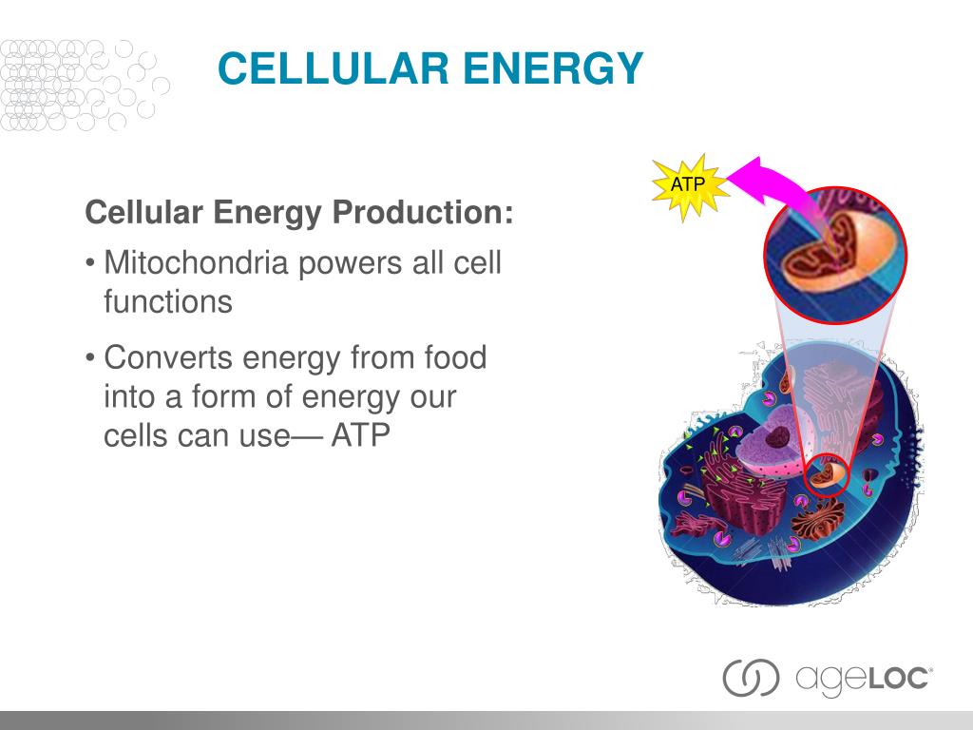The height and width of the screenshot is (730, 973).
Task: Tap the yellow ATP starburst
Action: [x=688, y=185]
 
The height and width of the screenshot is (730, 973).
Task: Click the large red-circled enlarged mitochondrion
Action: [x=835, y=255]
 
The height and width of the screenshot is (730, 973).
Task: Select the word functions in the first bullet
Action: [x=168, y=301]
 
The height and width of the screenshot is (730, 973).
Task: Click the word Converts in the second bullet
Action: [x=168, y=358]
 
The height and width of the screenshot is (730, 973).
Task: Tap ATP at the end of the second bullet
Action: [x=360, y=435]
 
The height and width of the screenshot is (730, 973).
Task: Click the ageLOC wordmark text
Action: [x=864, y=678]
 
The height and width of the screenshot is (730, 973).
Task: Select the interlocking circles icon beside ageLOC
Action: [x=751, y=677]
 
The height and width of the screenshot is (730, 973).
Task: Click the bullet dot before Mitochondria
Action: [x=90, y=264]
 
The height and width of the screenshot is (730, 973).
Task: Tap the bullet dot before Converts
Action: [x=90, y=358]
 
